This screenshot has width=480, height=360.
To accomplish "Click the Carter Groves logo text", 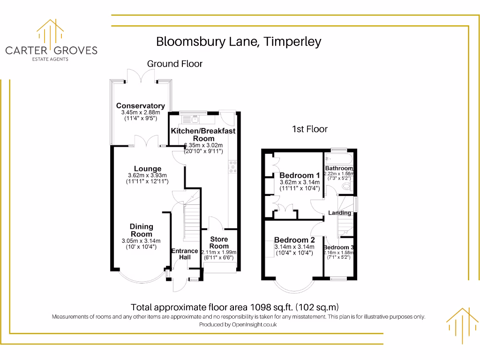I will tap(51, 50).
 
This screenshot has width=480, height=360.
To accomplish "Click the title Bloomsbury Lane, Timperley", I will tap(239, 42).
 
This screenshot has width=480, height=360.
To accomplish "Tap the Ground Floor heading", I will tap(175, 64).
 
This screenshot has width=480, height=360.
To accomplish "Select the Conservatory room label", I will tap(141, 106).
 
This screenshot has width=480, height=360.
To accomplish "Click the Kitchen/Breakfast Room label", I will tap(203, 135).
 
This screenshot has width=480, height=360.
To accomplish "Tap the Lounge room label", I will tap(148, 169).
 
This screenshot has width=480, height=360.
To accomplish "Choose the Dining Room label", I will tap(142, 230).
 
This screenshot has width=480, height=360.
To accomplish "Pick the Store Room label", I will tap(219, 242).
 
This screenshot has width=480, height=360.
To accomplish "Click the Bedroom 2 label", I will tap(294, 240).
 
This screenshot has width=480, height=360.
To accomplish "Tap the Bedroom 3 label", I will tap(338, 247).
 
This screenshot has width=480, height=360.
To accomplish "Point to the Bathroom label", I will tap(339, 168).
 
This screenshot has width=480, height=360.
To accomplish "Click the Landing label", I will tap(340, 213).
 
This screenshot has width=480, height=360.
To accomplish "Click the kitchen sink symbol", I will tap(195, 119).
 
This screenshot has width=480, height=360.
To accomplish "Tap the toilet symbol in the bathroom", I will tap(347, 187).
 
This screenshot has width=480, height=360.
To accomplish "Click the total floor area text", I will tap(234, 307).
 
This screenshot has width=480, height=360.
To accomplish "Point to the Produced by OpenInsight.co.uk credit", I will tap(238, 324).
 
